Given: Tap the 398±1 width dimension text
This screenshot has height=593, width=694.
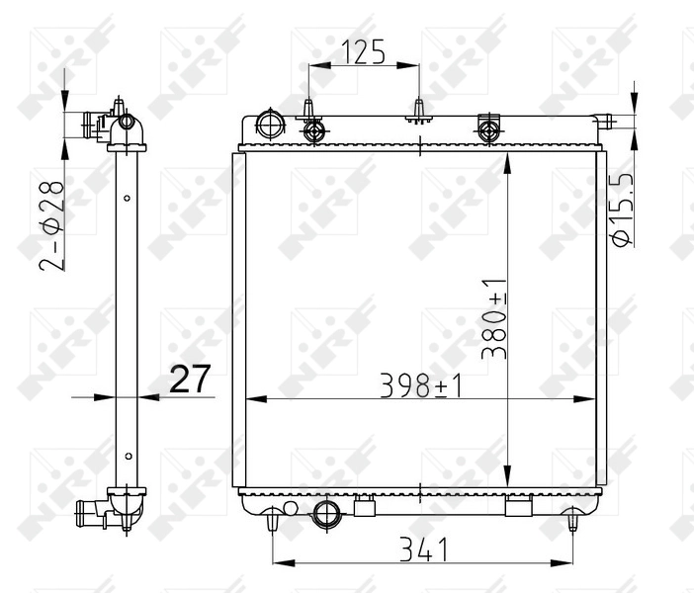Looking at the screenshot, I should click(423, 384).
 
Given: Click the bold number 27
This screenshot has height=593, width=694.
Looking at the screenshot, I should click(191, 380).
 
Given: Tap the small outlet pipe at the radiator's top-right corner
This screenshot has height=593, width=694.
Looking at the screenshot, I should click(604, 122).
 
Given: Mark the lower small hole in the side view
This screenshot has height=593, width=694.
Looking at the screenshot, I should click(128, 456).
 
